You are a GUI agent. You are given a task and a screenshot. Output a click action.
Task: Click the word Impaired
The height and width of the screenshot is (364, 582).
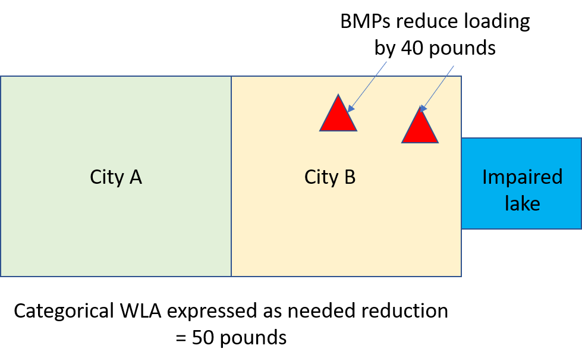coord(522,177)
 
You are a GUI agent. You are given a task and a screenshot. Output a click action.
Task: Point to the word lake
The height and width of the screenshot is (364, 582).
coord(522,203)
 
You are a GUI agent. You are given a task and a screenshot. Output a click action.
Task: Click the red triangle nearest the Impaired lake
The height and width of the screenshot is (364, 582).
coord(420,130)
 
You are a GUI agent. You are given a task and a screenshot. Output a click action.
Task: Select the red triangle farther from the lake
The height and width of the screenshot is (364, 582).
coord(338,117)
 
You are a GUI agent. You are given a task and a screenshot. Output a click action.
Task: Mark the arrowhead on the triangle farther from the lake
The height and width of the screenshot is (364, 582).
coord(350,109)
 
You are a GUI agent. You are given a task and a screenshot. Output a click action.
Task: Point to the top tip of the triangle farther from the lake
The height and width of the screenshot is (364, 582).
coord(338,95)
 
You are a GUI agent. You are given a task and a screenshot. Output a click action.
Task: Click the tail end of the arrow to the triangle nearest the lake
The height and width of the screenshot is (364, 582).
coord(454,66)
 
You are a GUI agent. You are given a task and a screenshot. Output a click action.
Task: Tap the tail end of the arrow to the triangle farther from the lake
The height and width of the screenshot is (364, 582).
coord(386,62)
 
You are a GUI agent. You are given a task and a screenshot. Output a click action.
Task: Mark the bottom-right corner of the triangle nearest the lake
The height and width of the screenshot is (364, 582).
coord(438,142)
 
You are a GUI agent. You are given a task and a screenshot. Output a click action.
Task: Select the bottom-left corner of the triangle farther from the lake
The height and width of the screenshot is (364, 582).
coord(321,130)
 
